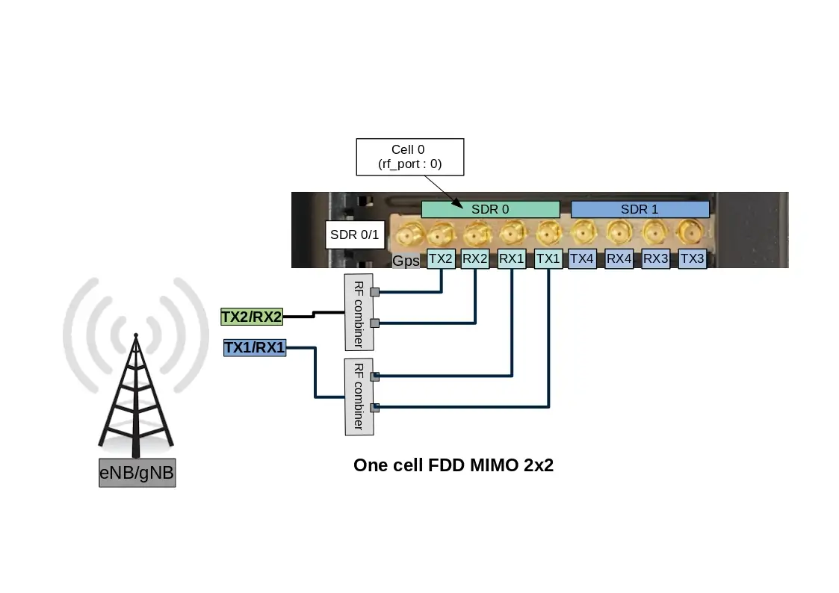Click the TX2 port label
pyautogui.click(x=441, y=259)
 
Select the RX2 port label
pyautogui.click(x=475, y=259)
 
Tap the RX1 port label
pyautogui.click(x=512, y=259)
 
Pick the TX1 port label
pyautogui.click(x=548, y=259)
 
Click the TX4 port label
pyautogui.click(x=582, y=259)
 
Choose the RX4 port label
pyautogui.click(x=619, y=259)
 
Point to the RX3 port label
pyautogui.click(x=656, y=259)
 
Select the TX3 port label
pyautogui.click(x=693, y=259)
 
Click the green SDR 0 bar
pyautogui.click(x=490, y=209)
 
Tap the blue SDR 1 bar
pyautogui.click(x=640, y=209)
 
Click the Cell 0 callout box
pyautogui.click(x=409, y=157)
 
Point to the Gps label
pyautogui.click(x=406, y=261)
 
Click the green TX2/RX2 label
pyautogui.click(x=252, y=317)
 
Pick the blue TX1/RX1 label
pyautogui.click(x=255, y=347)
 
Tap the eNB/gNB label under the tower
pyautogui.click(x=137, y=473)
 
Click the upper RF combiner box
pyautogui.click(x=358, y=312)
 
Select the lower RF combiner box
pyautogui.click(x=358, y=397)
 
